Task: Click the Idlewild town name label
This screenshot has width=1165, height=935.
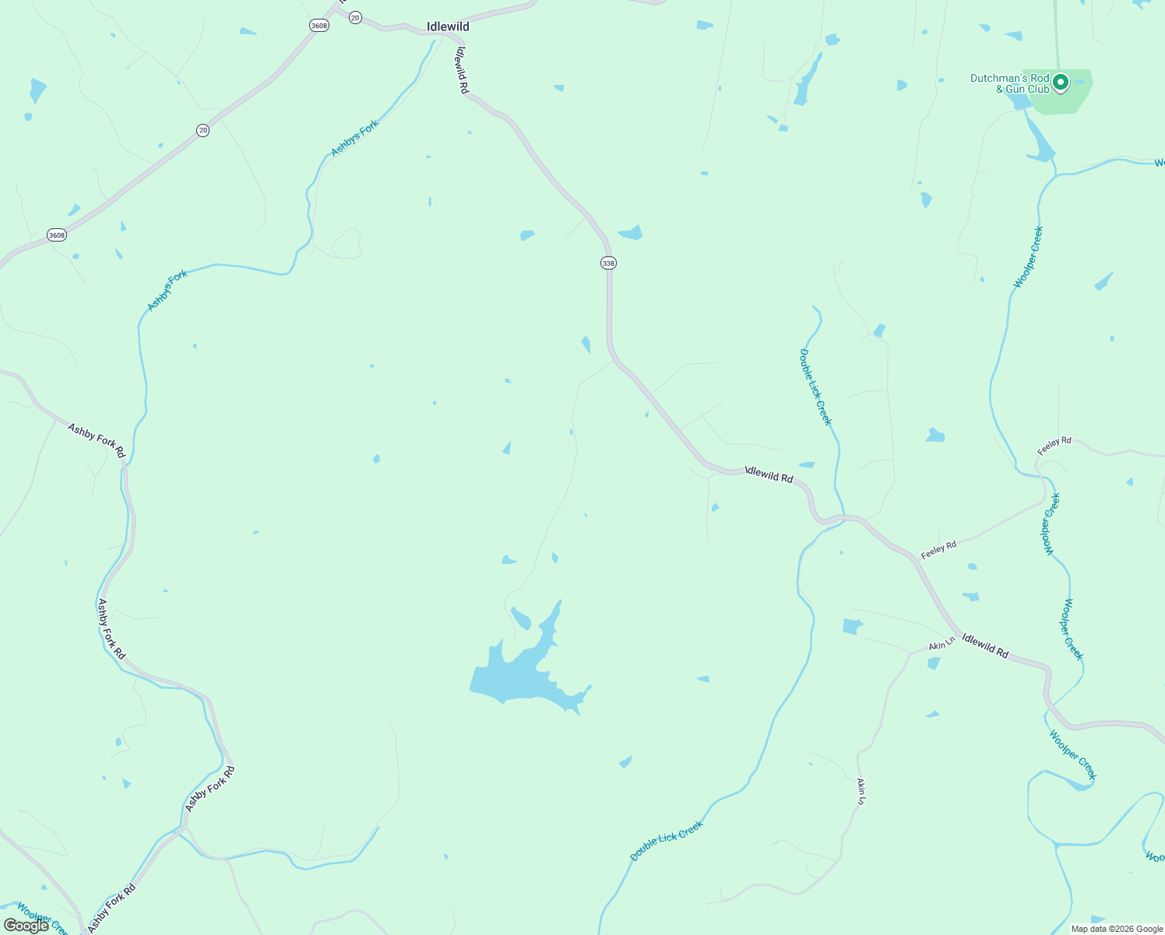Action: point(448,26)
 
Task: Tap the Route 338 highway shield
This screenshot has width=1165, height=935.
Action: point(608,263)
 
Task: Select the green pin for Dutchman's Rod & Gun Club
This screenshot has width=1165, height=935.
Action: point(1060,82)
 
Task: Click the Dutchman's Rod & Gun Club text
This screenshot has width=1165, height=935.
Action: point(1009,83)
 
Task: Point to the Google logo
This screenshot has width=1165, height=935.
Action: point(26,926)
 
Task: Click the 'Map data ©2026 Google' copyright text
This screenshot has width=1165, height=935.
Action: point(1117,929)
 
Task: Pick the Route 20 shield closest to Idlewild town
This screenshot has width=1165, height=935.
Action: point(355,17)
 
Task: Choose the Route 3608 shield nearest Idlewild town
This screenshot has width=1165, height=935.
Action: point(319,26)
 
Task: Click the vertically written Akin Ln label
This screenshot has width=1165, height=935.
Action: point(861,791)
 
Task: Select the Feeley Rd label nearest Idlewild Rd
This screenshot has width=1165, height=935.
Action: point(938,549)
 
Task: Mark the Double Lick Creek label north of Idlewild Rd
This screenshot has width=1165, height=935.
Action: point(815,387)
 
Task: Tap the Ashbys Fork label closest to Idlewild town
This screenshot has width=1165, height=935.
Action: point(354,138)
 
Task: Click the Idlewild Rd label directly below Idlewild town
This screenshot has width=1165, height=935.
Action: point(462,70)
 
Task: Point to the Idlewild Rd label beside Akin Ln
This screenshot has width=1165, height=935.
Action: point(985,646)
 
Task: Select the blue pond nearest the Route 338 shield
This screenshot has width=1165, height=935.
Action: point(631,233)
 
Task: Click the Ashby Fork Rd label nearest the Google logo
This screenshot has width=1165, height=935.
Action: point(112,908)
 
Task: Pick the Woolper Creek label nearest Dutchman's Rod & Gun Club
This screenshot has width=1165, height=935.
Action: point(1028,257)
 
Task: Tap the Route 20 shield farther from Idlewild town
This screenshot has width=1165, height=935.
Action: point(202,130)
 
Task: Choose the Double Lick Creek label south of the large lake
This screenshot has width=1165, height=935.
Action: point(666,841)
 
